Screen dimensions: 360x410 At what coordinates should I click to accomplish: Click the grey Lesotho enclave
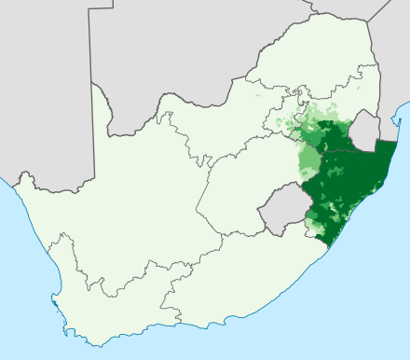point(279,207)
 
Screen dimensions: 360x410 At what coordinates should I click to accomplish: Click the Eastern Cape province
point(233,270)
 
